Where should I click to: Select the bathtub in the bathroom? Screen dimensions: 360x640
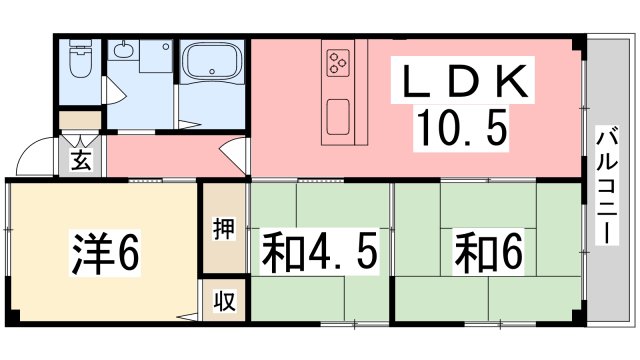coord(212,60)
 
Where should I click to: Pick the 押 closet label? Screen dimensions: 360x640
coord(224,229)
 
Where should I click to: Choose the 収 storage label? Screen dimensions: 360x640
coord(224,300)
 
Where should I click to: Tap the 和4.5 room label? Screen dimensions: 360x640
coord(320,251)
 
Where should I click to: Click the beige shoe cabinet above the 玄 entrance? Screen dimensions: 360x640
coord(79,120)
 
